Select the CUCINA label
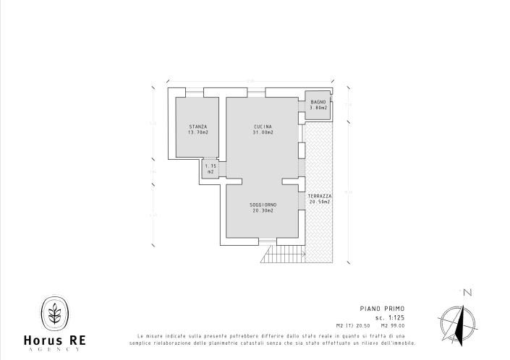point(263,127)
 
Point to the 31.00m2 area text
point(263,133)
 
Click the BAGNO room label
point(319,102)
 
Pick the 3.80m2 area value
point(319,108)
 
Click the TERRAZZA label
point(319,196)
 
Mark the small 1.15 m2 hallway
point(211,169)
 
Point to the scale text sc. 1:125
point(389,317)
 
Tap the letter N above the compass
point(467,293)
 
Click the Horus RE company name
point(54,340)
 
